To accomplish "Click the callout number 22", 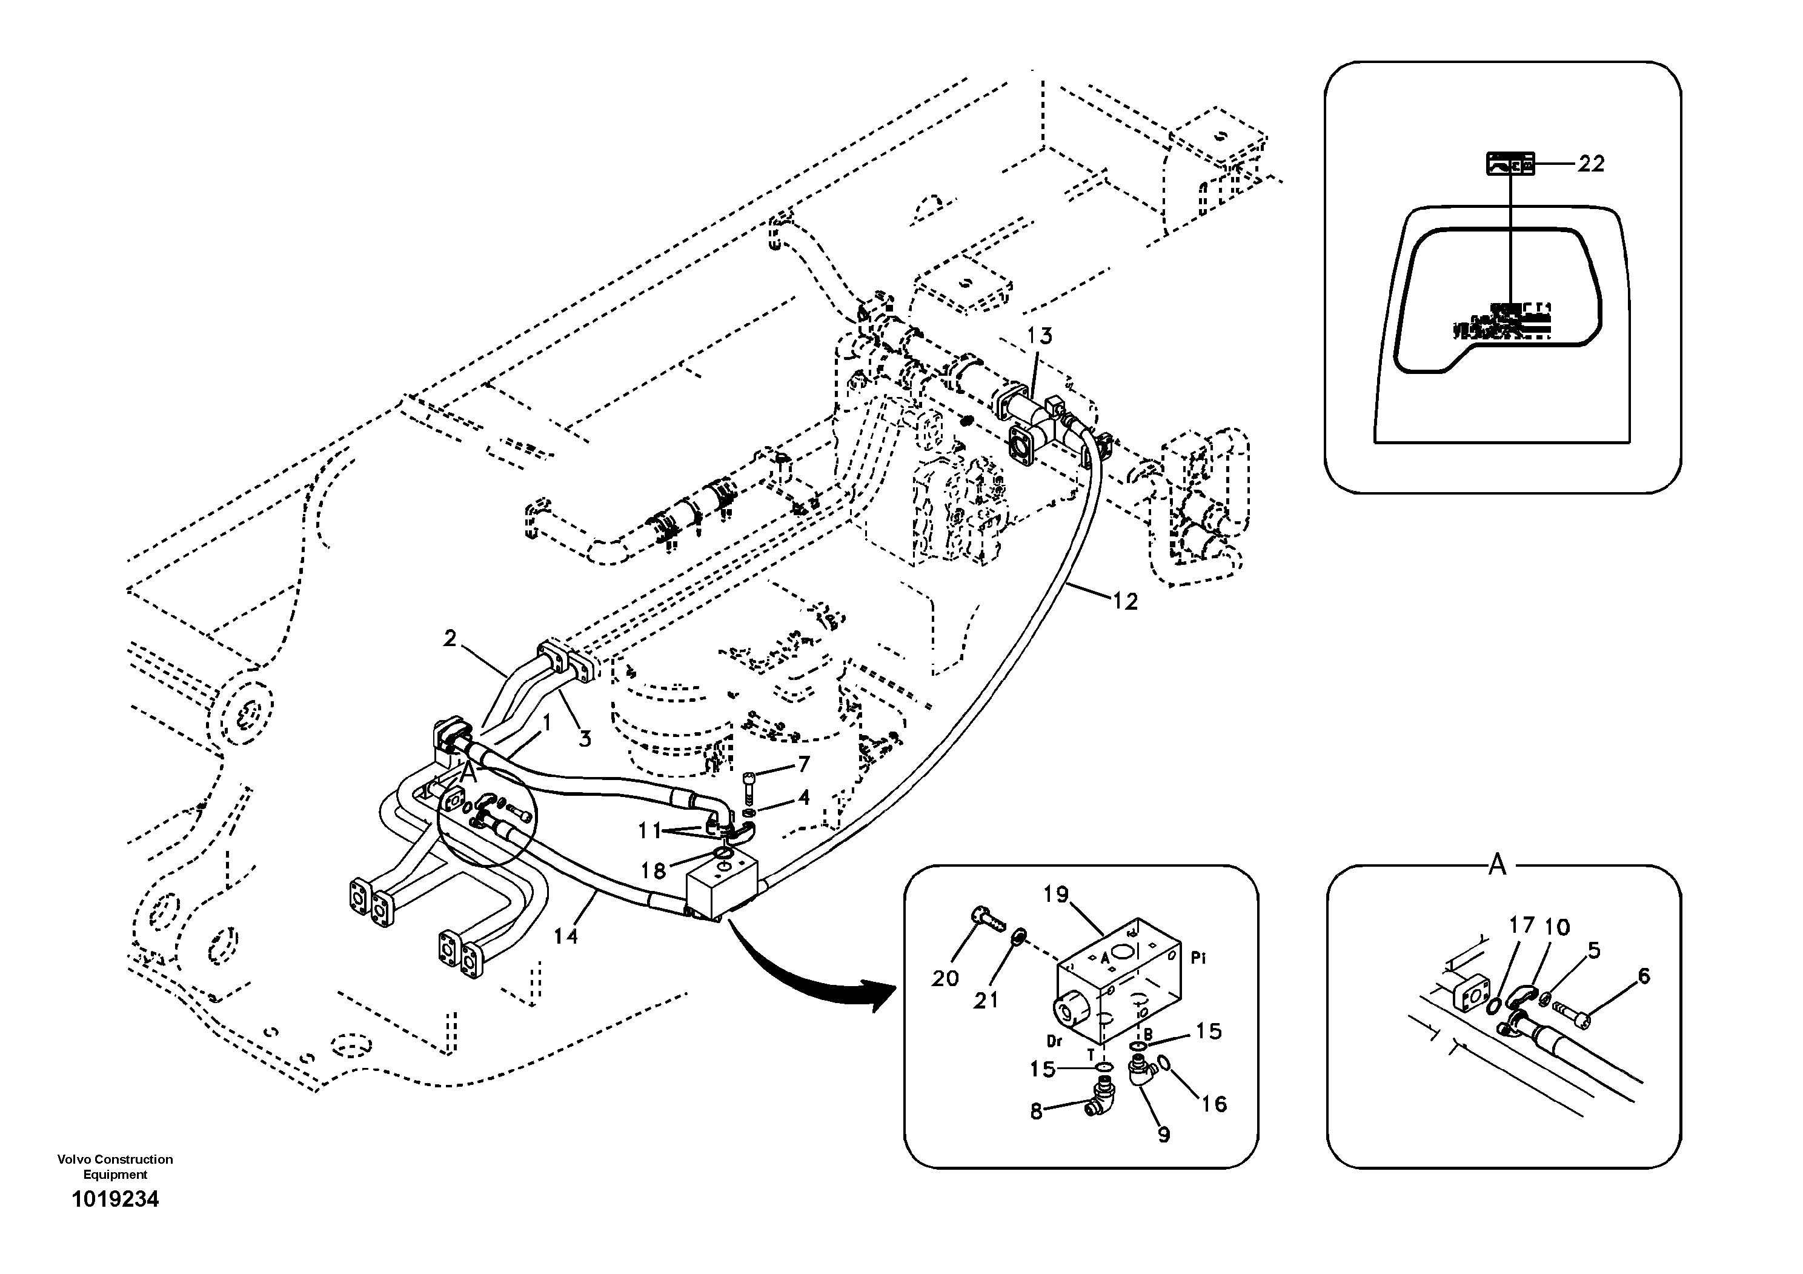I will point(1591,164).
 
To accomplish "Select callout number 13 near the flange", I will point(1039,336).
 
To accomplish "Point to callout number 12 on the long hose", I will point(1124,602).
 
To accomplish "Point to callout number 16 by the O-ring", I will point(1214,1104).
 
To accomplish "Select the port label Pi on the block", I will point(1198,958).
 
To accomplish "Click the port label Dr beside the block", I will point(1055,1041).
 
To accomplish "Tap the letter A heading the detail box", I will point(1498,865).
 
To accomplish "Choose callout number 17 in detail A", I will point(1522,925).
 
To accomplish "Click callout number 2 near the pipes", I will point(449,639).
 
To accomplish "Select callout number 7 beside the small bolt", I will point(803,764).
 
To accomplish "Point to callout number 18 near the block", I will point(653,870).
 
